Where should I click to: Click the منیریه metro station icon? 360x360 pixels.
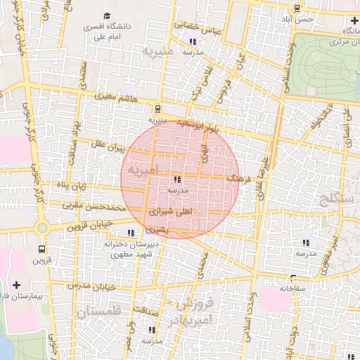pos(157,109)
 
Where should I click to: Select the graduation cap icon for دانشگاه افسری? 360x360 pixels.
pos(107,15)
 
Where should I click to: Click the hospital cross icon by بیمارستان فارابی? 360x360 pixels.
pos(17,285)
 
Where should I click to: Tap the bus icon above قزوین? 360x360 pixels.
pos(42,248)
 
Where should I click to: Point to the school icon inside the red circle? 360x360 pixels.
pos(176,179)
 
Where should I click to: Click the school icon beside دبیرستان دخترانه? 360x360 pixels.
pos(131,233)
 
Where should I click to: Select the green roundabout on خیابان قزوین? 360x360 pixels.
pos(42,227)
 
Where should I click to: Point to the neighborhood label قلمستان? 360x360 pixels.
pos(98,311)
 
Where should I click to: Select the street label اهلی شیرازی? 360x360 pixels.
pos(176,211)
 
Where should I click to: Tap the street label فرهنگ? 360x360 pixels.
pos(238,180)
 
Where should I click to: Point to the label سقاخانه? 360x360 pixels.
pos(295,288)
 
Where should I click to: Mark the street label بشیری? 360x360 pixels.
pos(158,230)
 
